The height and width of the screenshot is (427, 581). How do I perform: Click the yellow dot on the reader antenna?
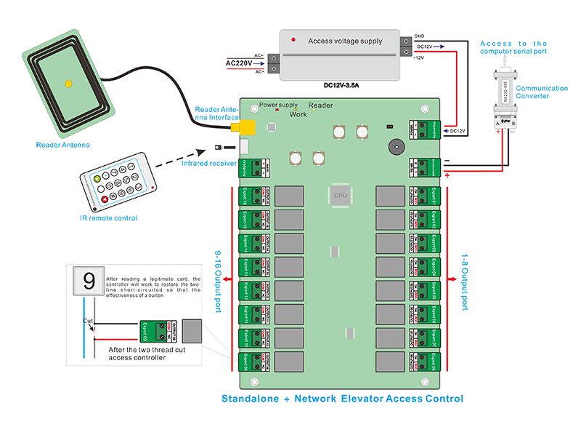point(68,84)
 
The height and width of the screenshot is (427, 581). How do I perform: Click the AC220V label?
point(239,64)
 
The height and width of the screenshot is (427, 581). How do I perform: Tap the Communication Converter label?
point(541,92)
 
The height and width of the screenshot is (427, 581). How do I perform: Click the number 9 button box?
point(89,282)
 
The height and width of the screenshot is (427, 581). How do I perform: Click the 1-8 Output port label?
point(466,279)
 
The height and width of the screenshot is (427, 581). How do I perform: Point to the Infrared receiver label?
point(208,163)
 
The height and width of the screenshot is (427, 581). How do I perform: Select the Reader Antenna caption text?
point(63,145)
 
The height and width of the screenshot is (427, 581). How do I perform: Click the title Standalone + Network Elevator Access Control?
point(342,399)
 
